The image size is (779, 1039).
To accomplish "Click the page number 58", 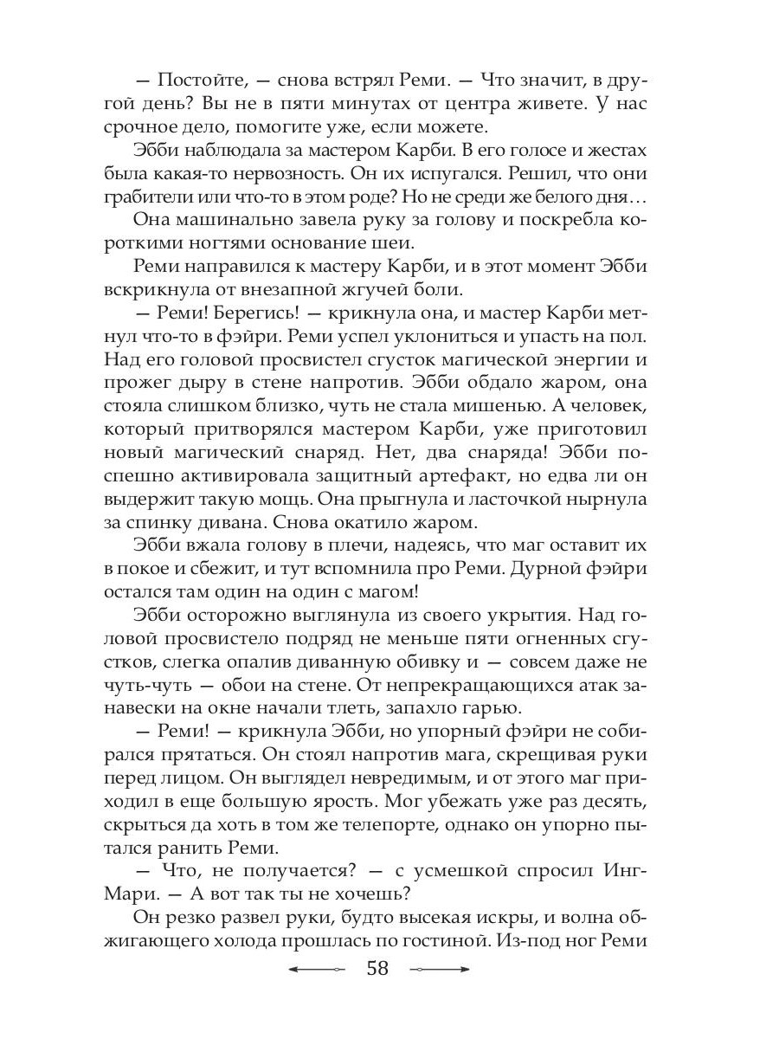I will pos(377,968).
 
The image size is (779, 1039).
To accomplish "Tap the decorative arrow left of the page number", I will pos(316,969).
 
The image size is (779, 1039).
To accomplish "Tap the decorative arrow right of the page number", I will pos(440,969).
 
